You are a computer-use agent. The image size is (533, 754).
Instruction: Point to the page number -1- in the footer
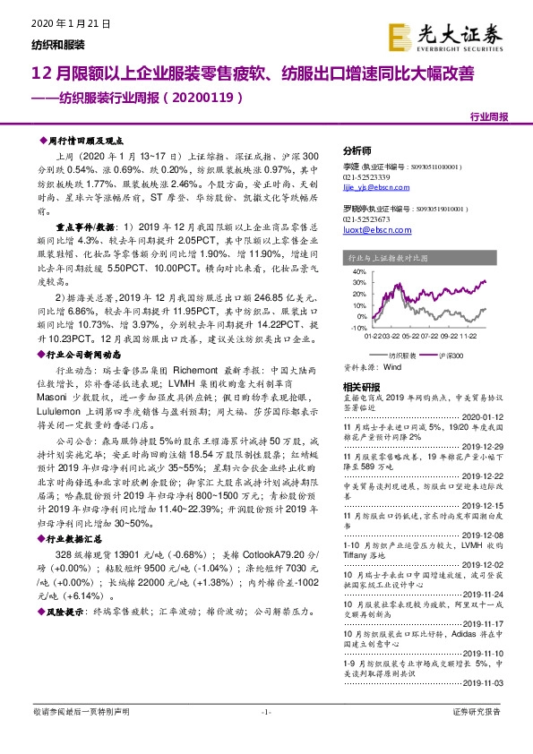[266, 736]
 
